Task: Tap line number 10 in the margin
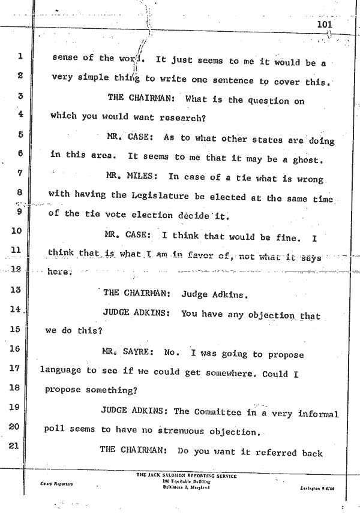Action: tap(17, 230)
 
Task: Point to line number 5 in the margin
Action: tap(20, 135)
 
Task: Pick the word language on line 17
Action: tap(61, 371)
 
